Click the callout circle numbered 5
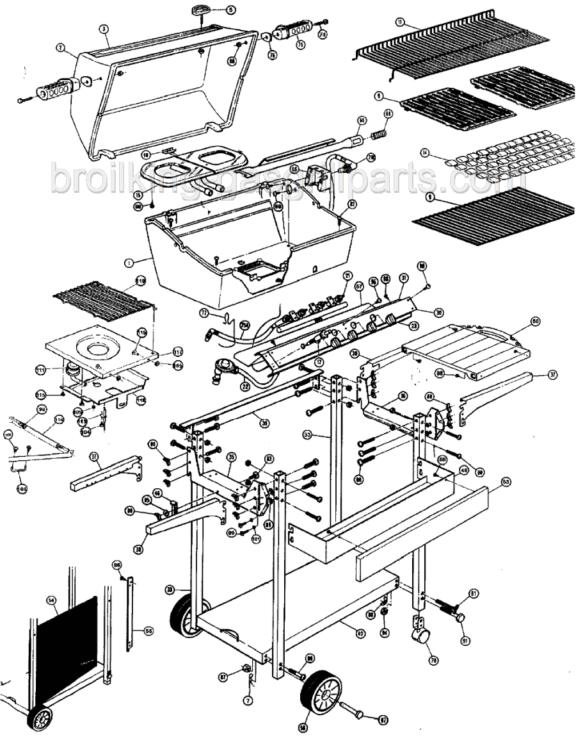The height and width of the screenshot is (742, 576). coord(231,10)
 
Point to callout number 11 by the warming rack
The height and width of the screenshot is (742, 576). coord(399,21)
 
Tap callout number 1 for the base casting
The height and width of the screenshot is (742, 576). coord(131,261)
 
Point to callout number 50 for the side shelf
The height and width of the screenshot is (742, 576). coord(536,320)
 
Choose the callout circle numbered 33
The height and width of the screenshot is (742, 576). coord(308,434)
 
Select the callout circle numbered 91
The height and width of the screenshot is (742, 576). coord(464,622)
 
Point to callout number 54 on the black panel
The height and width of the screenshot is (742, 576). coord(52,600)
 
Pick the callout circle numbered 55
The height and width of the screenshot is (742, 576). coord(148,631)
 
